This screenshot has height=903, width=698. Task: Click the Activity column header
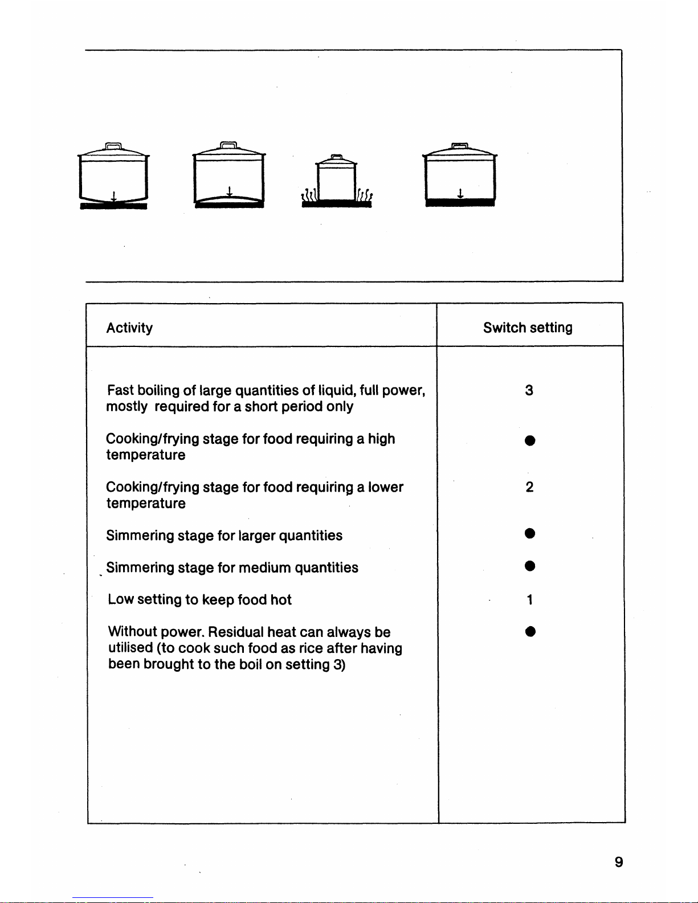[129, 328]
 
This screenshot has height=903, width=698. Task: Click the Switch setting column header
[528, 328]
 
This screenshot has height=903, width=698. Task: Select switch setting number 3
[529, 390]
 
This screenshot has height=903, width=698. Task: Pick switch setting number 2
[529, 487]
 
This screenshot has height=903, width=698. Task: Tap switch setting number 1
[530, 600]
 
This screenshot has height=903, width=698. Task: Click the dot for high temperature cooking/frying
[530, 441]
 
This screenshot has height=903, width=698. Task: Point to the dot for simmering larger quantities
[530, 533]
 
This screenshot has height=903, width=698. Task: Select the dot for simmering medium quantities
[530, 566]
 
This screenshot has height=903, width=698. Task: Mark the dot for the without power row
[530, 631]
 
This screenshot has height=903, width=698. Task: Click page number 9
[619, 863]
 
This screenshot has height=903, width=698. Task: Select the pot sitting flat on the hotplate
[460, 175]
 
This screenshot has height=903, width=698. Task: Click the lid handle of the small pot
[337, 157]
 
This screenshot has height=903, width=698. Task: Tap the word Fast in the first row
[120, 391]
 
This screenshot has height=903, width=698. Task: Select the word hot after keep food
[281, 600]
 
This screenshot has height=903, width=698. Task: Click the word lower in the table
[386, 488]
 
